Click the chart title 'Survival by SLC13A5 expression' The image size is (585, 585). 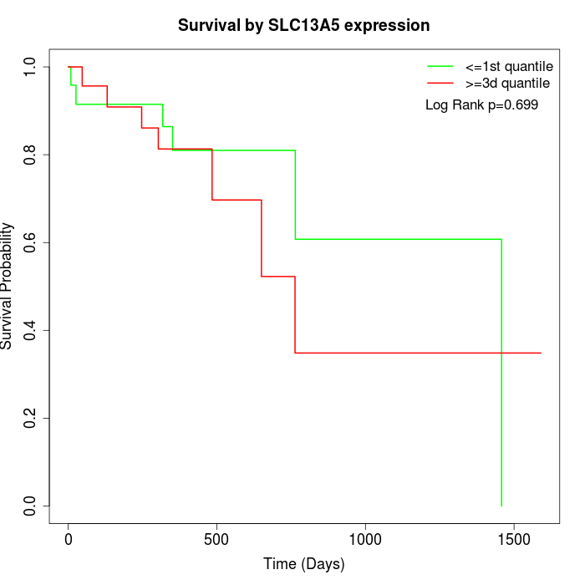[x=303, y=25]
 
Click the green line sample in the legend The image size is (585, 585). [x=440, y=65]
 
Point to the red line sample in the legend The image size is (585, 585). [x=440, y=84]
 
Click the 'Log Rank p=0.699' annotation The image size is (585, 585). [x=481, y=105]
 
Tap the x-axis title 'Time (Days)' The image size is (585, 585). [x=303, y=564]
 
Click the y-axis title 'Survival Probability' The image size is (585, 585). [x=8, y=286]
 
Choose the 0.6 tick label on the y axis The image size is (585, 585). [x=31, y=242]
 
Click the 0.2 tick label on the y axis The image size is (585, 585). [x=31, y=418]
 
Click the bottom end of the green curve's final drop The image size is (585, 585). [x=501, y=506]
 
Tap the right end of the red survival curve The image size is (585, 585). [x=541, y=353]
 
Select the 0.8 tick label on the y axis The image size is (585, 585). [x=31, y=155]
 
